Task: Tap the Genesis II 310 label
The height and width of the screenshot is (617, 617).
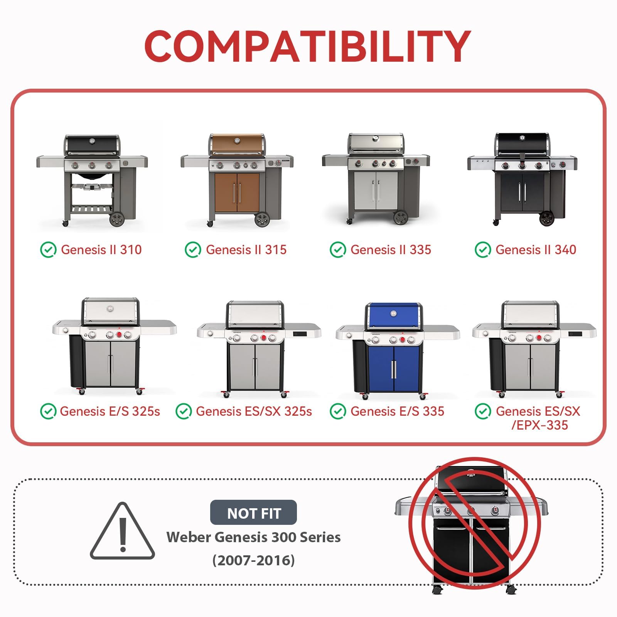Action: (101, 250)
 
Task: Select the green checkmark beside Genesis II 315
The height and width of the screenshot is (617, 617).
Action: (193, 250)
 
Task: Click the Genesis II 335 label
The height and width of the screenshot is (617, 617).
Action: (391, 250)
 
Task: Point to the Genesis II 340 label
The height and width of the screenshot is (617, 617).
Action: (536, 250)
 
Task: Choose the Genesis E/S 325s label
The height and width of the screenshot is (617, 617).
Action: (110, 411)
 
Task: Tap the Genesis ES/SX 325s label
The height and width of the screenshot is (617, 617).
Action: (254, 411)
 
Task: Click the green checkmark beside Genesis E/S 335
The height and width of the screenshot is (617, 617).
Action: (338, 411)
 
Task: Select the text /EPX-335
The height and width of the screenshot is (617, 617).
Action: (539, 425)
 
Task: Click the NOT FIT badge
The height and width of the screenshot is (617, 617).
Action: (253, 512)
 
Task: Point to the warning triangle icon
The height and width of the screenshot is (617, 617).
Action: (123, 531)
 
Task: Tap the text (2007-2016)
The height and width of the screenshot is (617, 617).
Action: (253, 560)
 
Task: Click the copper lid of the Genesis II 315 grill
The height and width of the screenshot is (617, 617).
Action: (237, 144)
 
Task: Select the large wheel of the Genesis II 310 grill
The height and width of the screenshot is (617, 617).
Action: (117, 219)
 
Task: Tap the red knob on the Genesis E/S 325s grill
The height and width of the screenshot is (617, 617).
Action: (119, 335)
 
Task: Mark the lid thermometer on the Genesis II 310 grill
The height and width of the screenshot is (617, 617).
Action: (92, 141)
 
